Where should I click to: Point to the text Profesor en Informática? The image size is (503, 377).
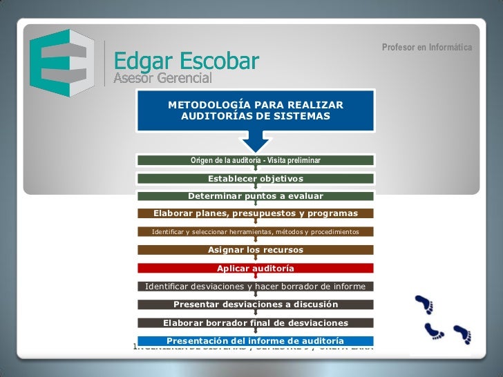point(427,48)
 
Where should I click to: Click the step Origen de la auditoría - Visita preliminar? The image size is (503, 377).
point(256,161)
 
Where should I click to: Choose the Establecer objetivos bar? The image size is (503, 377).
point(256,179)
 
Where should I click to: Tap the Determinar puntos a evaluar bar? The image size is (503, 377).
point(256,196)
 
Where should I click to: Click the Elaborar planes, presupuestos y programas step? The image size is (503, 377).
point(256,213)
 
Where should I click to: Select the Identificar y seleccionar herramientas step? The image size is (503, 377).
point(256,231)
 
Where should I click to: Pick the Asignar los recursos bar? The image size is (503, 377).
point(256,250)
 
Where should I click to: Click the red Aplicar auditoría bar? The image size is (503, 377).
point(256,268)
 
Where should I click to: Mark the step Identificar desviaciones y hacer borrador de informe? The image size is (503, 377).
point(256,286)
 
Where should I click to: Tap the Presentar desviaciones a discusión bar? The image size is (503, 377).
point(256,304)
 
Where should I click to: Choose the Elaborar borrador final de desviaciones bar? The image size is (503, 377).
point(256,322)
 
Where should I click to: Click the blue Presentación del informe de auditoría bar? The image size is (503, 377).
point(256,340)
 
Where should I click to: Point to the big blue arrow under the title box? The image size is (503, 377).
point(256,141)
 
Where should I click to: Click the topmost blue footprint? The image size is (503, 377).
point(423,304)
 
